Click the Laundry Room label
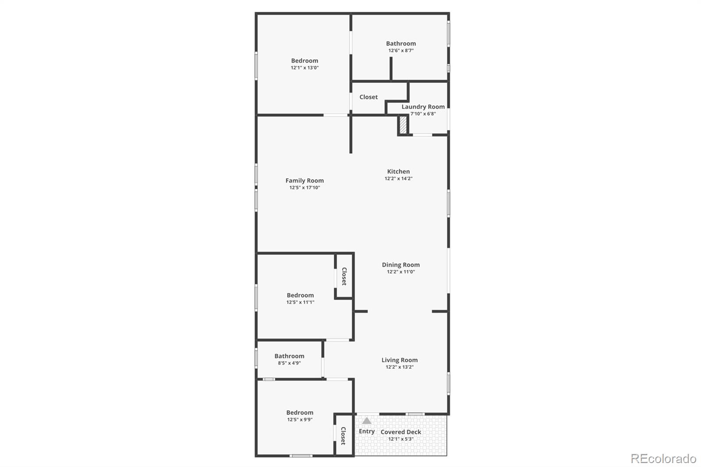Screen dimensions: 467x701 point(423,106)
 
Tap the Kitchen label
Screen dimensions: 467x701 point(398,171)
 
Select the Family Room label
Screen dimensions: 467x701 point(304,180)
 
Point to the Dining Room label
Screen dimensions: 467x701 point(400,265)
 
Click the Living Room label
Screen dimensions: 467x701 point(399,360)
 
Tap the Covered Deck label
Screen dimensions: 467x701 point(400,432)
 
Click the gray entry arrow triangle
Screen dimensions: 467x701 point(367,421)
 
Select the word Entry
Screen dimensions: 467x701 point(367,432)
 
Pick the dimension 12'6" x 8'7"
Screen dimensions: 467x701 point(400,50)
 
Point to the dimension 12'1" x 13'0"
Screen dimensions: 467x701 point(304,67)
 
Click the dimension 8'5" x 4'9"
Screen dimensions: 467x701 point(289,363)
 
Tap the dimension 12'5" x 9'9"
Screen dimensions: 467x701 point(300,420)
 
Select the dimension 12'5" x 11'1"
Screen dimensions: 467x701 point(300,302)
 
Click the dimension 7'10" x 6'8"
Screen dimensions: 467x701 point(423,114)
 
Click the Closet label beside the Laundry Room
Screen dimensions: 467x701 point(368,97)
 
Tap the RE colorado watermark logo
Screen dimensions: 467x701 point(663,459)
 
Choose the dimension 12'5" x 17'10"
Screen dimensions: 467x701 point(304,188)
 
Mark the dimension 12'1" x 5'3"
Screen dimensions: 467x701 point(400,439)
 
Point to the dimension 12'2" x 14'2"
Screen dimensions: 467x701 point(398,178)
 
